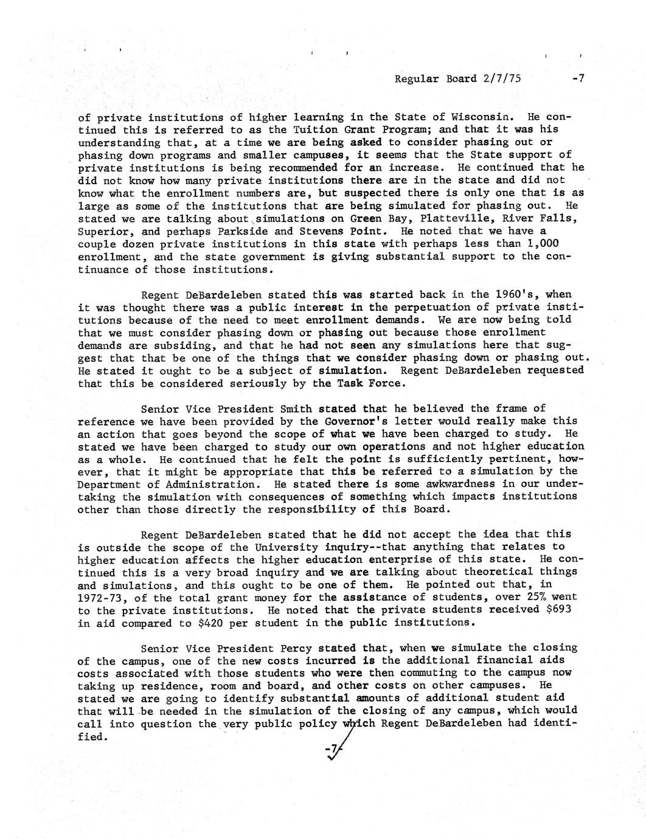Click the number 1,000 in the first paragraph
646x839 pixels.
click(x=558, y=244)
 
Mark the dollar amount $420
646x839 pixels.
click(x=214, y=623)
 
